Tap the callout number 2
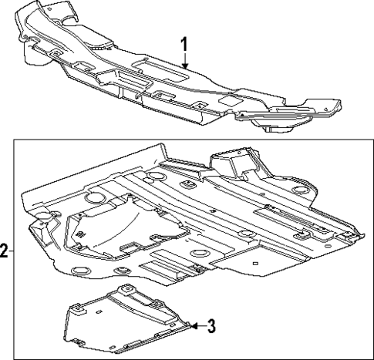[5, 251]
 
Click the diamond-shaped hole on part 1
[230, 100]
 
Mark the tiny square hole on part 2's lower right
[254, 264]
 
